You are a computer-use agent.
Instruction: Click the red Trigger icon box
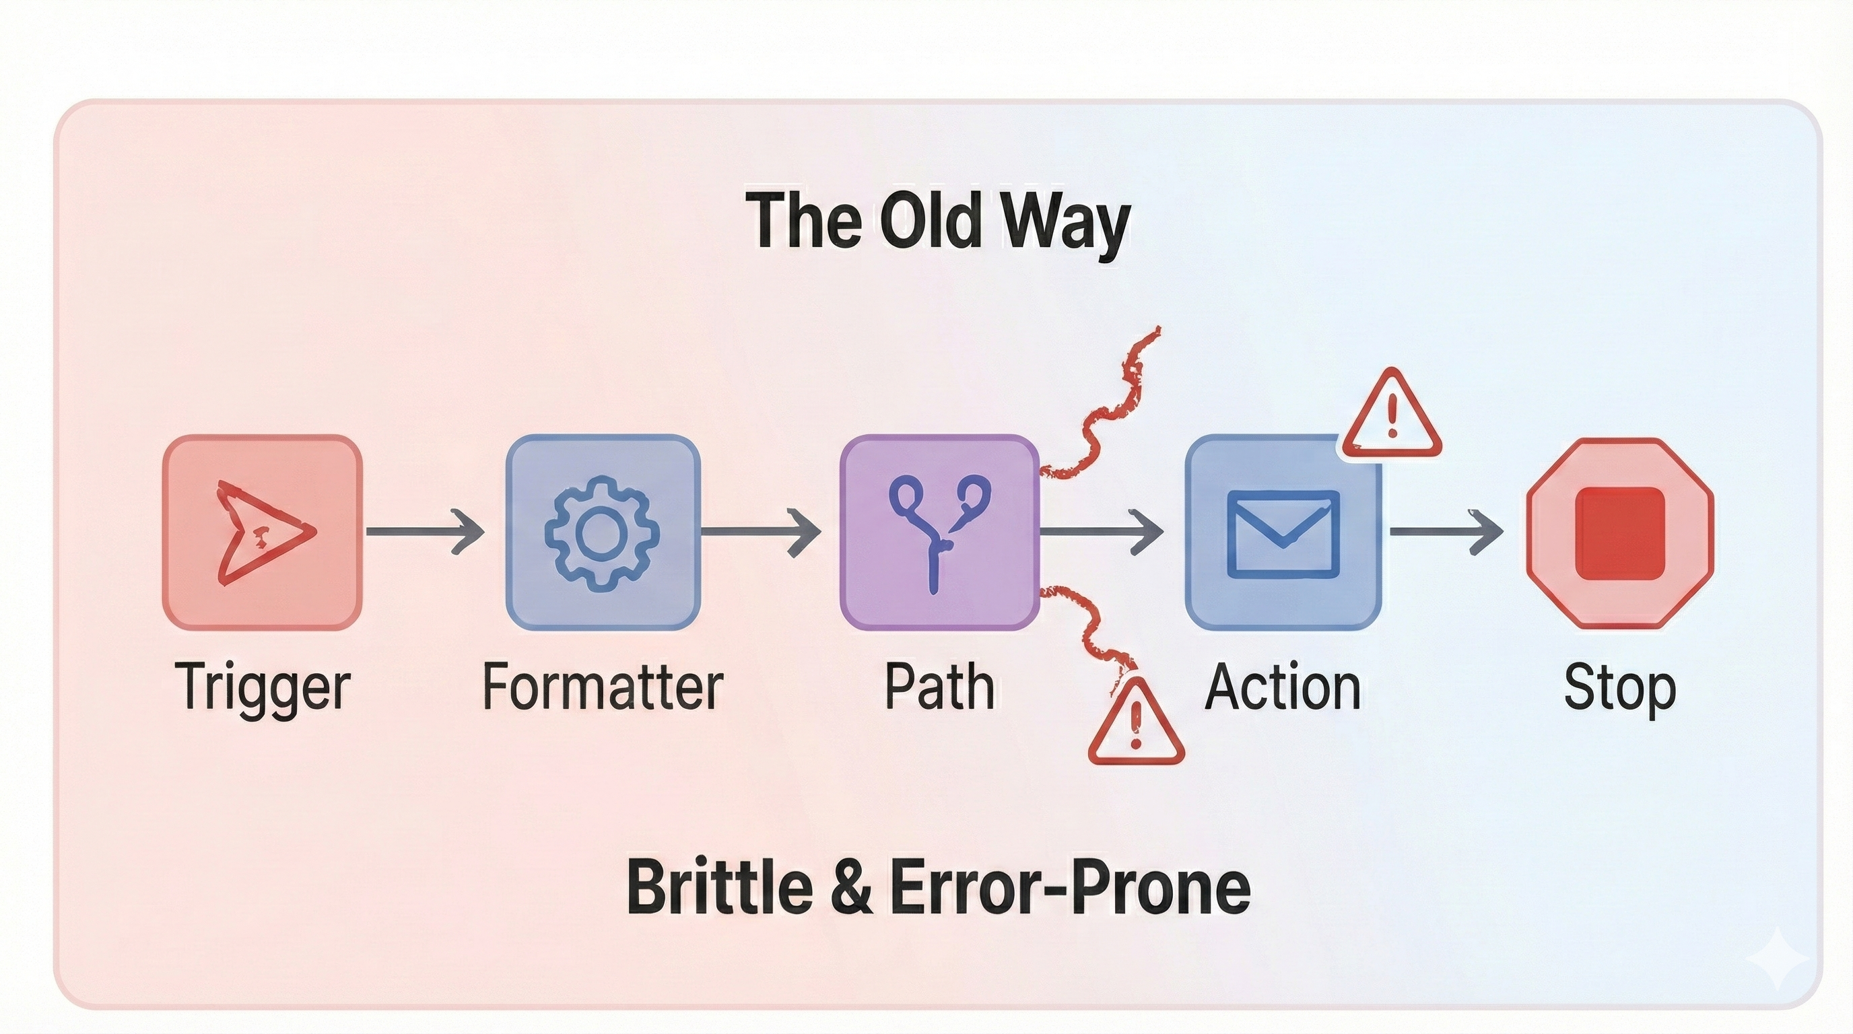[x=262, y=532]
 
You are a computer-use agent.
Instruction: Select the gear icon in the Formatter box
[x=602, y=532]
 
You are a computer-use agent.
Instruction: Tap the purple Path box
[x=939, y=532]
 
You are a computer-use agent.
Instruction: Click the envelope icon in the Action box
[x=1283, y=534]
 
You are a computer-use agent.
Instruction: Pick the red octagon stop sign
[x=1620, y=532]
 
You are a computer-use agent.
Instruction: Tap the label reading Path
[x=939, y=687]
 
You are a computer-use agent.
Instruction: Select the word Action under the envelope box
[x=1283, y=687]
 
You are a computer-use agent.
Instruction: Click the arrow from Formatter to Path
[x=761, y=531]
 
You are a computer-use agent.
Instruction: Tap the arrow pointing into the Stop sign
[x=1446, y=531]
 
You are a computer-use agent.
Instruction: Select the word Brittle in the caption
[x=720, y=887]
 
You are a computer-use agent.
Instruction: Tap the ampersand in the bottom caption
[x=851, y=887]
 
